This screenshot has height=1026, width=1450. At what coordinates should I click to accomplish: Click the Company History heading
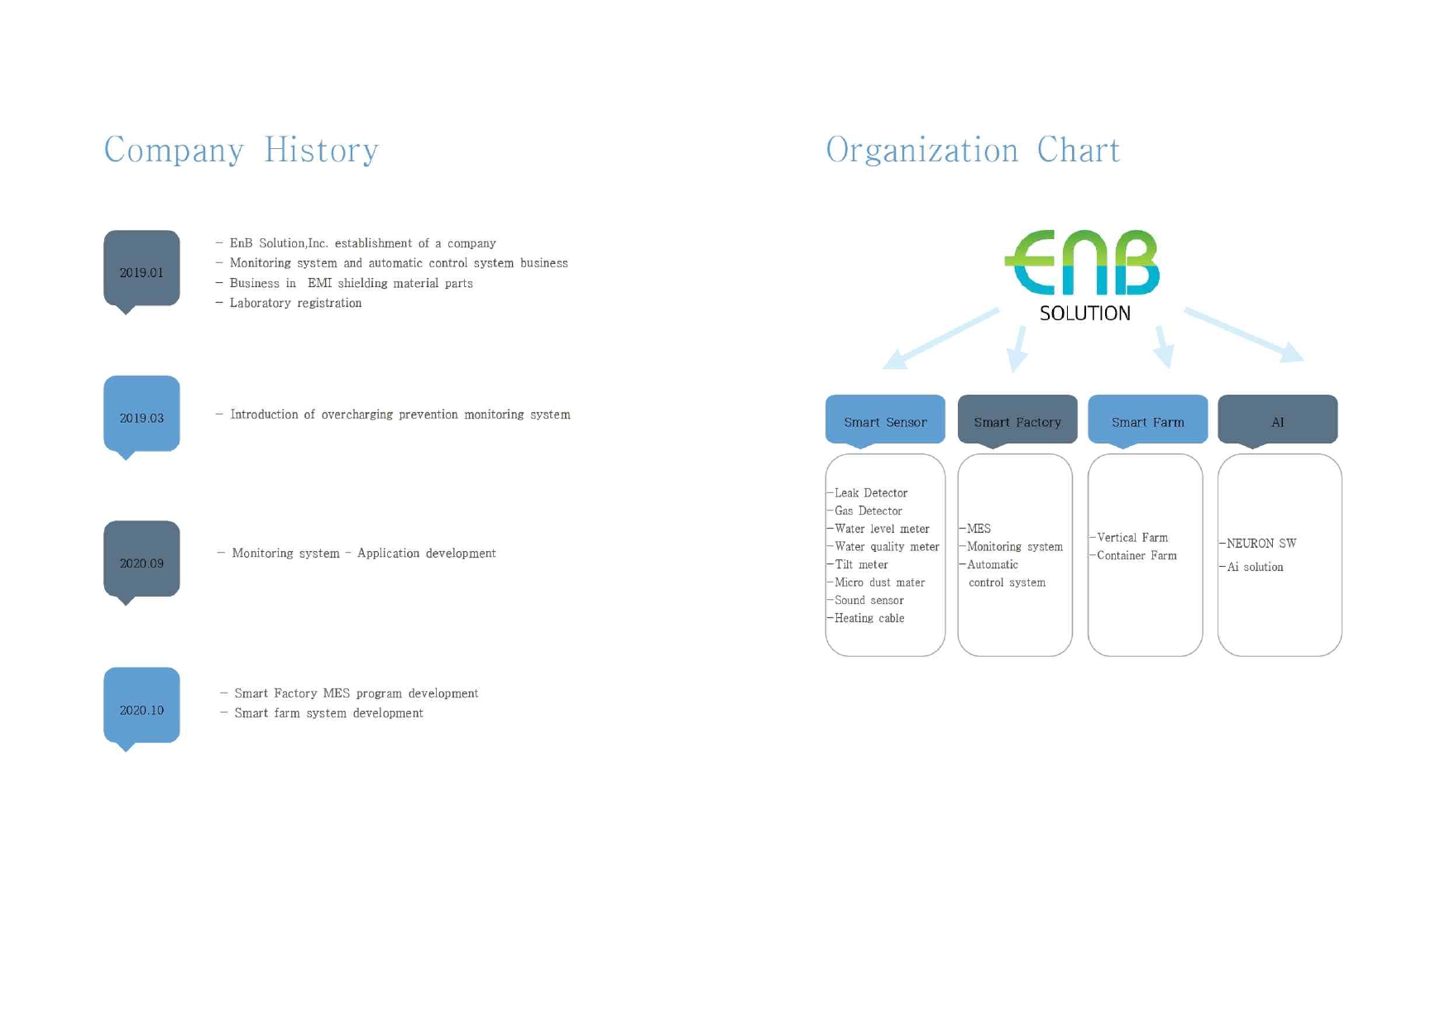242,151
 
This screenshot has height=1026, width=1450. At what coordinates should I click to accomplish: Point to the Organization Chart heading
973,151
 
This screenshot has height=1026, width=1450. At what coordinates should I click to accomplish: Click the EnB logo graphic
1082,262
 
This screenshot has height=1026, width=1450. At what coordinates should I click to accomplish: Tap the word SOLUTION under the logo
1084,314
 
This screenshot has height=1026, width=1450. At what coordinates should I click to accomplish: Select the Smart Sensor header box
885,420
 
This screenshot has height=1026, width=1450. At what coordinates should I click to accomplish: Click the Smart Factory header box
1017,420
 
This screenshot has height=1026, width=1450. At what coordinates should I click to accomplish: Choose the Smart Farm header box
1147,420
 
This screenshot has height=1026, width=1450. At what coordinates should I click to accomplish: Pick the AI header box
1277,420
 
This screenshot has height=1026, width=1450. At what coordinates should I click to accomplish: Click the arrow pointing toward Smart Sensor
941,338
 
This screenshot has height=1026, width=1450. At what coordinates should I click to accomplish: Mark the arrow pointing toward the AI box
1244,335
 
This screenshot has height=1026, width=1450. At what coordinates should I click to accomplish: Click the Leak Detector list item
869,493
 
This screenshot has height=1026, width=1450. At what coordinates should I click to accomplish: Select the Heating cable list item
867,618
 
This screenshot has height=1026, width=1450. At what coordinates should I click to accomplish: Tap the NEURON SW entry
1258,544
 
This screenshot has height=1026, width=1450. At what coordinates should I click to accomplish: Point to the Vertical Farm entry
1130,538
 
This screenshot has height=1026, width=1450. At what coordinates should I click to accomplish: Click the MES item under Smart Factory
976,529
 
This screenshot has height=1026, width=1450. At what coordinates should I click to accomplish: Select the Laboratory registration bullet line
289,303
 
